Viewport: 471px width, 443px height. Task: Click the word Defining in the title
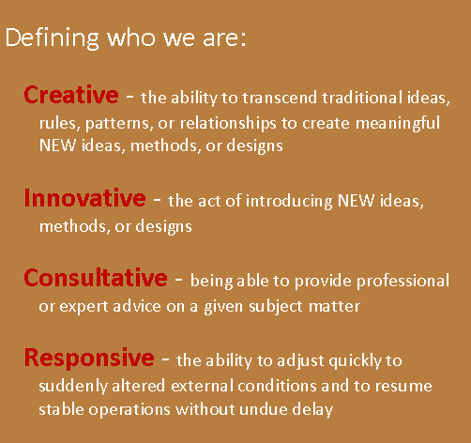click(53, 38)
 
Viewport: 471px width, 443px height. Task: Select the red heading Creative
click(71, 95)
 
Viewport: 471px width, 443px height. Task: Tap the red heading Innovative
click(85, 198)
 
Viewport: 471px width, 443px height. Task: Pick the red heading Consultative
click(96, 278)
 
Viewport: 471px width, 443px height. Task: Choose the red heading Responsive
click(89, 358)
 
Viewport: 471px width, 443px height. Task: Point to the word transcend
click(280, 98)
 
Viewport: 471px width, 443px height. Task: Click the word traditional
click(362, 98)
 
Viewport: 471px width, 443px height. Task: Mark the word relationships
click(228, 123)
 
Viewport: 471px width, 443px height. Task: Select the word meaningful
click(398, 123)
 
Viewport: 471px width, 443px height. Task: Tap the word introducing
click(289, 201)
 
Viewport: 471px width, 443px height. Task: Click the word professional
click(403, 281)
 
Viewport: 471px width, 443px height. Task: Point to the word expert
click(84, 307)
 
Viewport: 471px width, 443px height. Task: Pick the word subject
click(276, 306)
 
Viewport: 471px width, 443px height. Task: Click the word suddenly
click(73, 386)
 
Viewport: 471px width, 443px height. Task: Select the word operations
click(129, 410)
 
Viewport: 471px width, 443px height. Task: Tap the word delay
click(312, 410)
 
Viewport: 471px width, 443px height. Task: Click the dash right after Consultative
click(178, 278)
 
